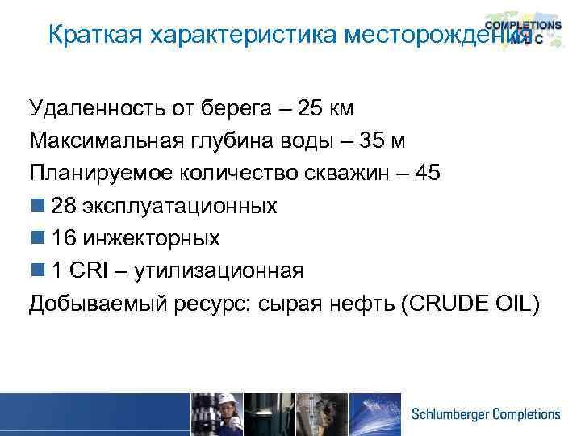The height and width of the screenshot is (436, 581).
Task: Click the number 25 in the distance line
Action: tap(313, 107)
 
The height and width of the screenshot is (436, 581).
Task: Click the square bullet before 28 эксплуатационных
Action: tap(37, 207)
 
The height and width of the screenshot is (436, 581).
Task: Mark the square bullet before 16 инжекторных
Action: tap(37, 239)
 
